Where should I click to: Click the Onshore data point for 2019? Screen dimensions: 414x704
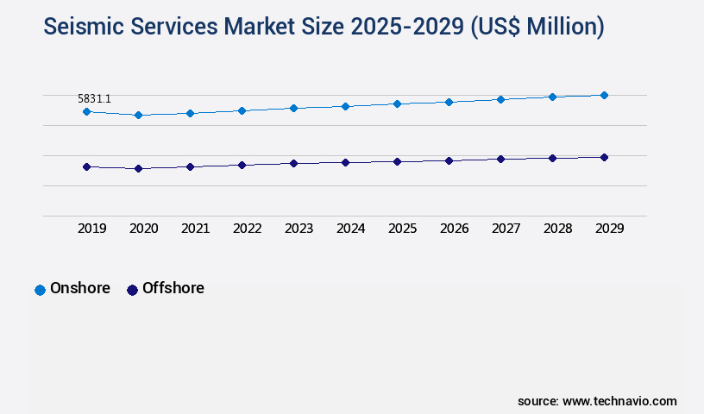[86, 111]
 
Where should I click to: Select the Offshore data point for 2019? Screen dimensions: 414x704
[86, 166]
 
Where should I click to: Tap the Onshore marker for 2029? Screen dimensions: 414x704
[604, 95]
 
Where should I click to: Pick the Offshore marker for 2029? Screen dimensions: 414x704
[604, 157]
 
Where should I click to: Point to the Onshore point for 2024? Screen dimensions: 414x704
[345, 106]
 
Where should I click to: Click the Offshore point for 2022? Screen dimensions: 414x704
[242, 165]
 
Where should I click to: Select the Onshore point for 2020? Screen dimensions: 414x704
[138, 115]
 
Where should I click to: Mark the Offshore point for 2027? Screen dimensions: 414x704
[500, 159]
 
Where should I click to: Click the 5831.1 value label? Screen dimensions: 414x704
[94, 99]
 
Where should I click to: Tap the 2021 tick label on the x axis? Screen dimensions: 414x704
[195, 229]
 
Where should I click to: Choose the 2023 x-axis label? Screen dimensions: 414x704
[299, 229]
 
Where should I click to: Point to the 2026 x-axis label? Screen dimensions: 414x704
[454, 229]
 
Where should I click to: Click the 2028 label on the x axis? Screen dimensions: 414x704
[557, 229]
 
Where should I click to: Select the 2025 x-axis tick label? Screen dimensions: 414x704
[402, 229]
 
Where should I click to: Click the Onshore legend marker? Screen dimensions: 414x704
[40, 290]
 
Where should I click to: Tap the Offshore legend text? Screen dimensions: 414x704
[173, 288]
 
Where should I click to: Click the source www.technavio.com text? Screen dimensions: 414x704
[597, 401]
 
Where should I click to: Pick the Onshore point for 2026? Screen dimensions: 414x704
[449, 102]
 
